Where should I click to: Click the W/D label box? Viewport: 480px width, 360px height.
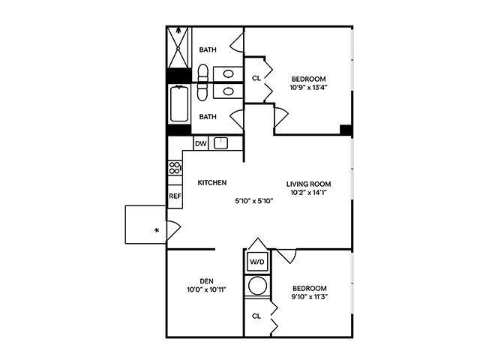click(257, 262)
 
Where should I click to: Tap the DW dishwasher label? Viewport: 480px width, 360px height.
click(200, 143)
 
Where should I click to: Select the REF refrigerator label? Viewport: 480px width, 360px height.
click(175, 196)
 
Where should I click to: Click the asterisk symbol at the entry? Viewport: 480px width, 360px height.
click(156, 230)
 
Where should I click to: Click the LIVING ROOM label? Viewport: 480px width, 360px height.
click(308, 184)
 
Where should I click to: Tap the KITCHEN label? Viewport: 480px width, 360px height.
click(212, 183)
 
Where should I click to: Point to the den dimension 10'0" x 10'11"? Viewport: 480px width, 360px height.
click(207, 289)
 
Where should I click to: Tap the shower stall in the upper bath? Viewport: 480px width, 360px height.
click(179, 48)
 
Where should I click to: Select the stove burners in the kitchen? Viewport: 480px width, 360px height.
click(175, 168)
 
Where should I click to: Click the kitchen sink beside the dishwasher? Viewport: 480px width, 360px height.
click(220, 143)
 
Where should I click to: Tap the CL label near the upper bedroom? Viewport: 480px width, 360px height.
click(256, 77)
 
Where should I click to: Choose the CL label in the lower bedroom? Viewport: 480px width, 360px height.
click(256, 316)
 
